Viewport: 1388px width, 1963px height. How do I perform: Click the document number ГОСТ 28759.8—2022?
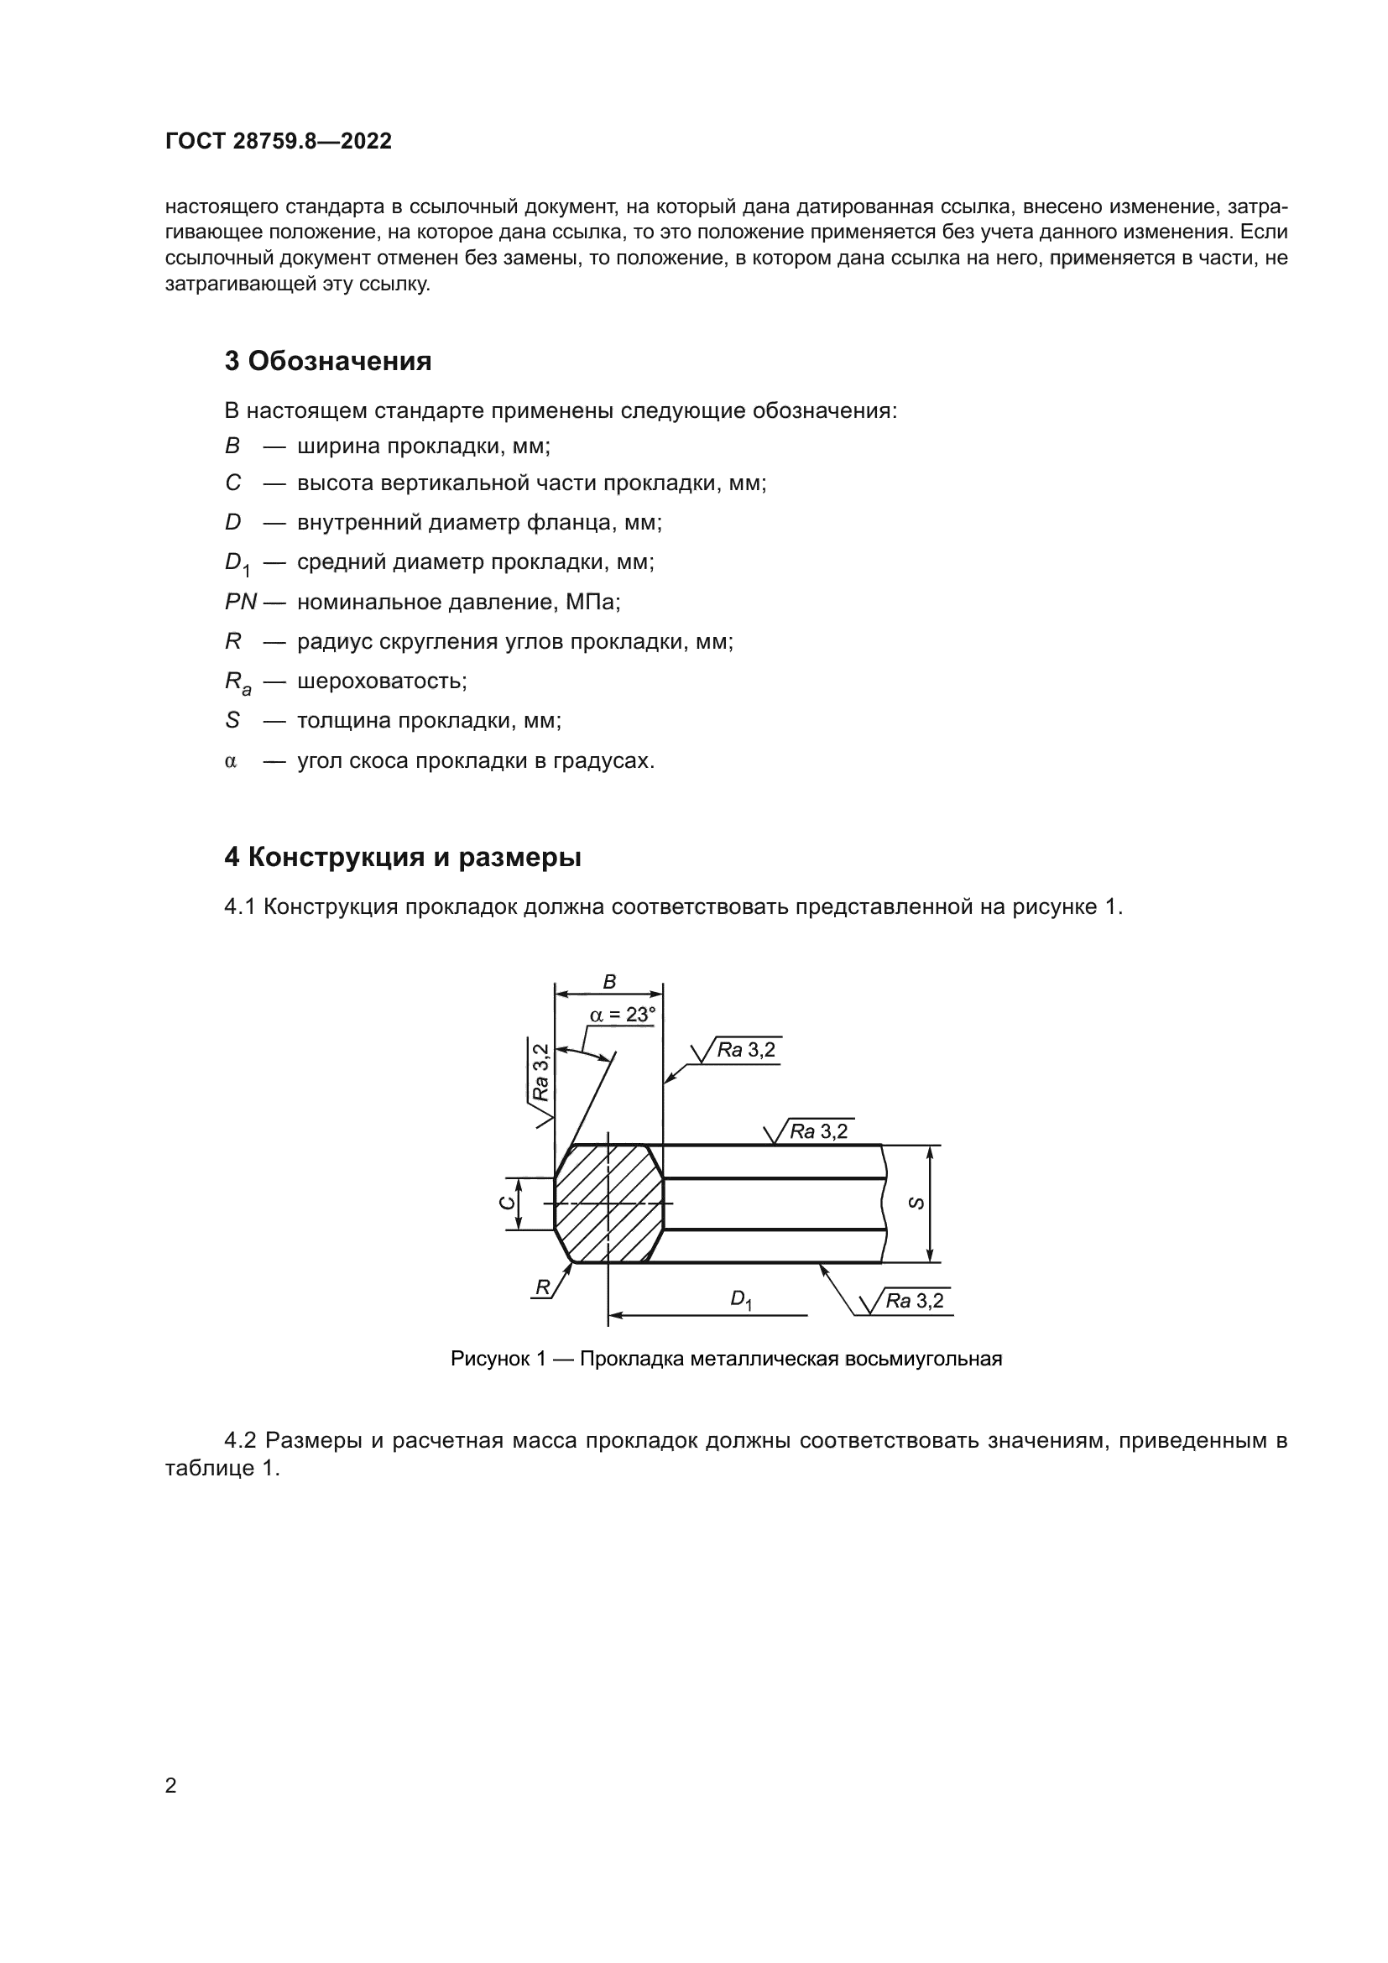pyautogui.click(x=278, y=141)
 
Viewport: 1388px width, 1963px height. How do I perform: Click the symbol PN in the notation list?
pyautogui.click(x=240, y=602)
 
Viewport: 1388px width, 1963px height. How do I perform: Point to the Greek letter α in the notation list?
pyautogui.click(x=230, y=761)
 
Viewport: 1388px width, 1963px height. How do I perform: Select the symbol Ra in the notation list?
pyautogui.click(x=237, y=681)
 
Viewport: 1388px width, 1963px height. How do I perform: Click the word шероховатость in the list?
pyautogui.click(x=381, y=681)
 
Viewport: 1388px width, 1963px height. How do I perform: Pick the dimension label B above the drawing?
pyautogui.click(x=609, y=983)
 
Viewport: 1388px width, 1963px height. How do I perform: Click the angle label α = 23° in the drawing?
pyautogui.click(x=622, y=1015)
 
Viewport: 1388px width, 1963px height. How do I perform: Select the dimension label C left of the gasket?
pyautogui.click(x=508, y=1203)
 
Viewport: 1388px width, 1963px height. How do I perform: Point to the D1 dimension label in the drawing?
pyautogui.click(x=740, y=1299)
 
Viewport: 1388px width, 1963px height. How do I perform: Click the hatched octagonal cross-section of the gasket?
pyautogui.click(x=608, y=1203)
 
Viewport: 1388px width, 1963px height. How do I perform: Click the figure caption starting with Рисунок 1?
pyautogui.click(x=726, y=1359)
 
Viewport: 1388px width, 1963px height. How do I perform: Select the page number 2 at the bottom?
pyautogui.click(x=170, y=1785)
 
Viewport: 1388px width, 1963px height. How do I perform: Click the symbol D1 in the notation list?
pyautogui.click(x=236, y=562)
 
